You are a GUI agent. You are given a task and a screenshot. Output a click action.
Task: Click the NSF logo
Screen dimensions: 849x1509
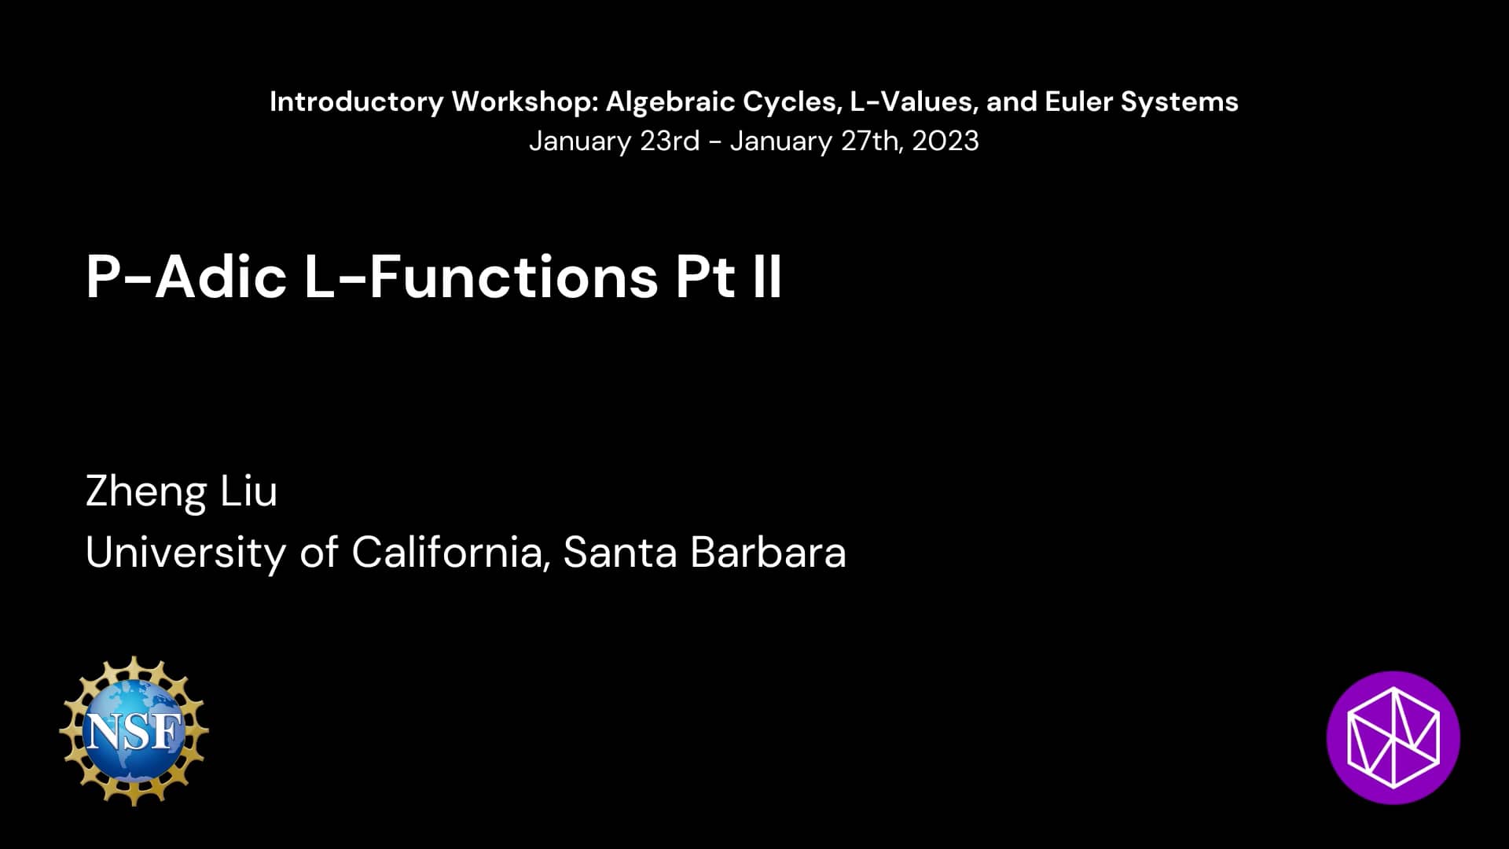(x=134, y=731)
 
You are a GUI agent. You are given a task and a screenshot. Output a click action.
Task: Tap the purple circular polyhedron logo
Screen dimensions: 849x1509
(x=1393, y=737)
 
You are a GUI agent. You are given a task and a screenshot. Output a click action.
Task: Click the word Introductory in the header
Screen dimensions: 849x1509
(x=356, y=101)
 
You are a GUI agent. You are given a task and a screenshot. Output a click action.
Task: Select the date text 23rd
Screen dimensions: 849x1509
(x=669, y=141)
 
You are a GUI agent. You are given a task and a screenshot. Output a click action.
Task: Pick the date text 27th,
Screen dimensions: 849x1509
(x=872, y=141)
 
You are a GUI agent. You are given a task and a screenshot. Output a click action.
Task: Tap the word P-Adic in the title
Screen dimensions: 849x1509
(x=186, y=277)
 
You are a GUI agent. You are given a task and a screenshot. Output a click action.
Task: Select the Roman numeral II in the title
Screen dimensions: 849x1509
(x=766, y=277)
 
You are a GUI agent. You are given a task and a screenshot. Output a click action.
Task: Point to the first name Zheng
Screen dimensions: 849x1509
(x=146, y=492)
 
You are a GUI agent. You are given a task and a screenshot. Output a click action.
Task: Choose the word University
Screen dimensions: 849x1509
(x=185, y=553)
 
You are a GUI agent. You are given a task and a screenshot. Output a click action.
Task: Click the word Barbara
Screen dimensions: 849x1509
(x=768, y=552)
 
